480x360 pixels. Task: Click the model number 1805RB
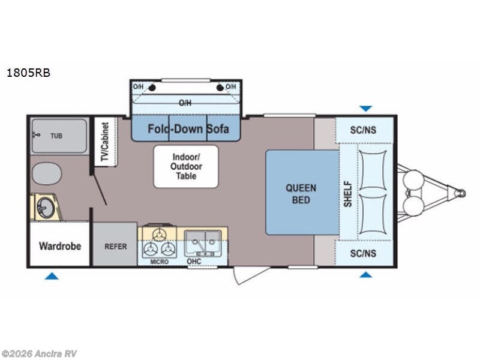[x=28, y=73]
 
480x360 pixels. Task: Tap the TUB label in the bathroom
[x=56, y=136]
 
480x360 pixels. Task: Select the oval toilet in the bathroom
[x=47, y=173]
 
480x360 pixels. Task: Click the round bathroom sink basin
[x=46, y=208]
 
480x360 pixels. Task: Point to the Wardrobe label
[x=60, y=246]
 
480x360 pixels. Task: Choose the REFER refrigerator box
[x=115, y=244]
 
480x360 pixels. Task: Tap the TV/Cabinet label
[x=105, y=142]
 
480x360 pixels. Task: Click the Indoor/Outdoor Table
[x=186, y=167]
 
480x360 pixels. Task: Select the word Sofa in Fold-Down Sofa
[x=218, y=128]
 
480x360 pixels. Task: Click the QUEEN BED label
[x=301, y=194]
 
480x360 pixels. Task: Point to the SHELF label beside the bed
[x=348, y=194]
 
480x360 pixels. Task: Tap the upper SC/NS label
[x=364, y=130]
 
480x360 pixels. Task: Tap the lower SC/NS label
[x=364, y=253]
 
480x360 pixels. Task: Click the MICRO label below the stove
[x=159, y=262]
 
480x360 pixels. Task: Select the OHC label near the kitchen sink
[x=194, y=261]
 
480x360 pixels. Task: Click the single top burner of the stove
[x=159, y=235]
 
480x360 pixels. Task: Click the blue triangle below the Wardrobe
[x=52, y=276]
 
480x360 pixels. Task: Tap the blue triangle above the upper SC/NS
[x=366, y=109]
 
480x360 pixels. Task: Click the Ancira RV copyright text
[x=38, y=354]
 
